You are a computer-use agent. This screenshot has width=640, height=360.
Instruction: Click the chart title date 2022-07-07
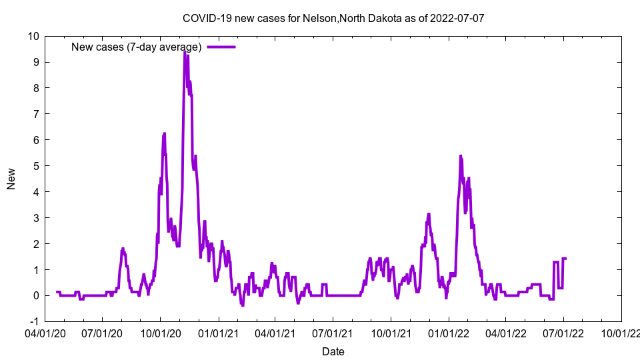[457, 18]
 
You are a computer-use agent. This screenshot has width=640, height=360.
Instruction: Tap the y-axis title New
[11, 179]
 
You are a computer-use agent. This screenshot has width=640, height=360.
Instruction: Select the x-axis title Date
[333, 351]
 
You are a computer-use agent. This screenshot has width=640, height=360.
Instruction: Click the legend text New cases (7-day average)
[137, 47]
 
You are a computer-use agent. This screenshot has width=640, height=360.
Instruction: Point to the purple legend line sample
[221, 47]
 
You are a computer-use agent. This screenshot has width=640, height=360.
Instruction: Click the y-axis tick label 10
[33, 36]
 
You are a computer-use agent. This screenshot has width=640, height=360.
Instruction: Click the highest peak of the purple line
[185, 51]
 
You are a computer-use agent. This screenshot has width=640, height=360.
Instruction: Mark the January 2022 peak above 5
[461, 156]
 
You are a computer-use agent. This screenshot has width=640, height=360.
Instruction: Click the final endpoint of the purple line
[566, 258]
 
